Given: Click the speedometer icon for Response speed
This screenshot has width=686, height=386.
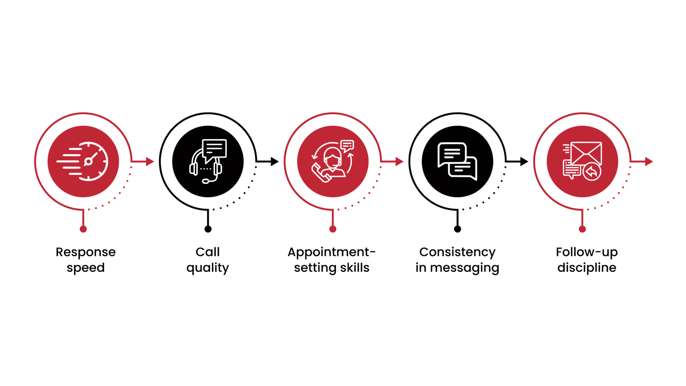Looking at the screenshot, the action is point(83,161).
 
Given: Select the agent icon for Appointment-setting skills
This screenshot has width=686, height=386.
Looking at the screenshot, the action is point(333,161).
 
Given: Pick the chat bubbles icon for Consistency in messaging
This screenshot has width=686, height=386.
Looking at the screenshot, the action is point(457,161).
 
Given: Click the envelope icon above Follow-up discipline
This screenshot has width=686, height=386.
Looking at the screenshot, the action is point(582,161).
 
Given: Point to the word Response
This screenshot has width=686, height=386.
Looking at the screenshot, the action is point(86,253).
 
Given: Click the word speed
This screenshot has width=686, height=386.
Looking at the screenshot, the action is point(86,268).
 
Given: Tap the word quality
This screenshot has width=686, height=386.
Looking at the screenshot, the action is point(208,268).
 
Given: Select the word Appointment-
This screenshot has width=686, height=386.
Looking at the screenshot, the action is point(332,253).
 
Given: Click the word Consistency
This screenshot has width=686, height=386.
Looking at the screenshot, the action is point(457,253).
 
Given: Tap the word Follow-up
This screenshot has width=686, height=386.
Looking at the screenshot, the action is point(587,253).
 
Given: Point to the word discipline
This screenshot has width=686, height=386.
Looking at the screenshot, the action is point(587,268).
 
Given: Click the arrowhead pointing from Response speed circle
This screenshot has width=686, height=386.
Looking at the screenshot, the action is point(150,161).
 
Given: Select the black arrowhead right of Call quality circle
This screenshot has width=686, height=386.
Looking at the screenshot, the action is point(275,161).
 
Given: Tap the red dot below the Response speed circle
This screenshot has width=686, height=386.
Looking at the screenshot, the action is point(83,229).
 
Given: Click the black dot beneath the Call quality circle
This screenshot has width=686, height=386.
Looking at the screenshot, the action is point(208,229).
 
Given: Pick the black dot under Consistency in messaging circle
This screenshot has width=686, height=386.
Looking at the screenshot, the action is point(457,229).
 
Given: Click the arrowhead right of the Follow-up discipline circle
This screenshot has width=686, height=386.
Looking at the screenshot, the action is point(649,161).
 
